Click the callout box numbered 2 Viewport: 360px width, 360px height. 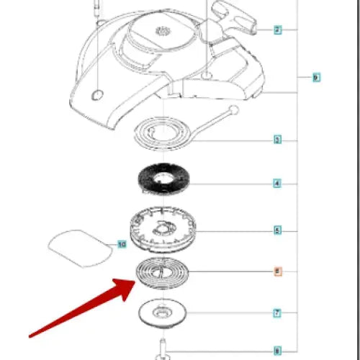(x=277, y=30)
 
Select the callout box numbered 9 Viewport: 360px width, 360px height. (x=315, y=76)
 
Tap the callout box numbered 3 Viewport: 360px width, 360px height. (x=277, y=139)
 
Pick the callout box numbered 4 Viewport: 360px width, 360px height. (x=277, y=184)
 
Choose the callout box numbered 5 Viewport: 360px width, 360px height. (x=277, y=230)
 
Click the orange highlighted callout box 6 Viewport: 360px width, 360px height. (x=277, y=271)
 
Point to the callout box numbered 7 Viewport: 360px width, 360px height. (x=277, y=313)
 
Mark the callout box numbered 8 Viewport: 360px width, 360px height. (x=277, y=351)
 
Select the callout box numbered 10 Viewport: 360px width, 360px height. (x=122, y=245)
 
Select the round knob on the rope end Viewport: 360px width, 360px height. (x=233, y=110)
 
